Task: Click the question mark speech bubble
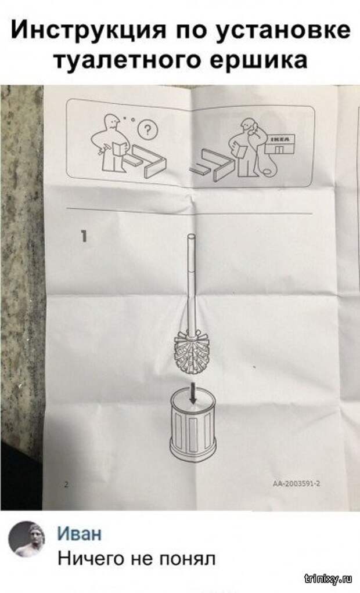(148, 131)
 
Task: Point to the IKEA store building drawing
(280, 144)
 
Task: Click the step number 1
(84, 237)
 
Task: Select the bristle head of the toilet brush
(192, 352)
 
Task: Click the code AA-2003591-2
(297, 483)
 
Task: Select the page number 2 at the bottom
(66, 484)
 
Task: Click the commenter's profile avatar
(27, 538)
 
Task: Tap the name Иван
(80, 534)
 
